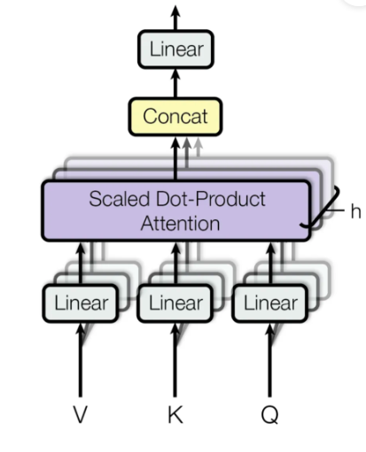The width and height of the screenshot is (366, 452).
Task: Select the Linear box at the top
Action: [x=175, y=50]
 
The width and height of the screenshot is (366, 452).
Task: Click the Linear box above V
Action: [x=81, y=304]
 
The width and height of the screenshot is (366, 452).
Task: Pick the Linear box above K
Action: [x=175, y=304]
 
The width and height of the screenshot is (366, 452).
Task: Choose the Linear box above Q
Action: [x=270, y=304]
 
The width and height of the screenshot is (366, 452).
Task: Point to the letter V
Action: [x=81, y=416]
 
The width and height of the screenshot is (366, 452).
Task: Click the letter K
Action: [x=175, y=416]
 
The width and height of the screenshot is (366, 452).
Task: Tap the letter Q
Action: [x=270, y=416]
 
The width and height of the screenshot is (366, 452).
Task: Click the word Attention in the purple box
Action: [x=180, y=223]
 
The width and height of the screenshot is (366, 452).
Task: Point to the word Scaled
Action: [x=113, y=198]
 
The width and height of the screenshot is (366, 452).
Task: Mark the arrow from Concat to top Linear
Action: [x=175, y=84]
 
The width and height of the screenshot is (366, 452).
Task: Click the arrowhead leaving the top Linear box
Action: [x=175, y=12]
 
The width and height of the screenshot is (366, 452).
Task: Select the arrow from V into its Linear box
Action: [x=81, y=363]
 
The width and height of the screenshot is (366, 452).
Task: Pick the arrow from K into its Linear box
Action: [x=175, y=363]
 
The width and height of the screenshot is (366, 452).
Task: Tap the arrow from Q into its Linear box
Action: [x=270, y=363]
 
